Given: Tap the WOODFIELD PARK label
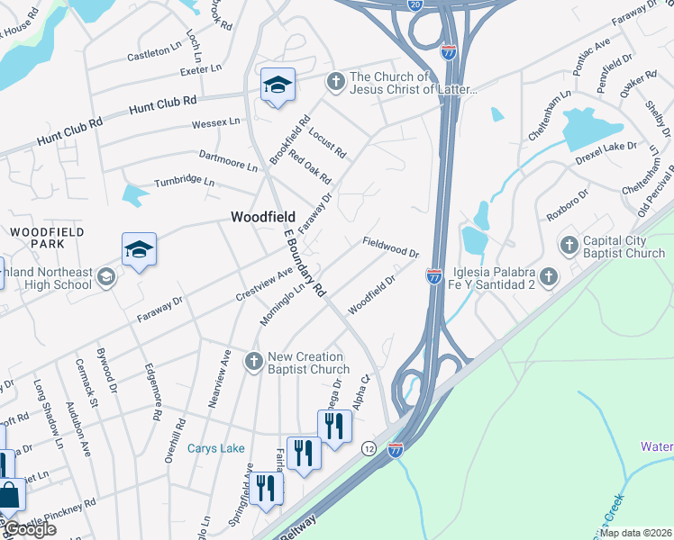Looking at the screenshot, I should click(47, 238).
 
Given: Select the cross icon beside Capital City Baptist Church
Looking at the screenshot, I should click(569, 245).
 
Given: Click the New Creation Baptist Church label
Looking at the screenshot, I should click(309, 363).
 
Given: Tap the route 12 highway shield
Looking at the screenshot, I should click(369, 447).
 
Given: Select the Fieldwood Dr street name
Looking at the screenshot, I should click(392, 247).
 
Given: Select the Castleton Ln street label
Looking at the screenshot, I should click(153, 53).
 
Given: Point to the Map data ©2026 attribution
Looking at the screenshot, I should click(635, 533).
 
